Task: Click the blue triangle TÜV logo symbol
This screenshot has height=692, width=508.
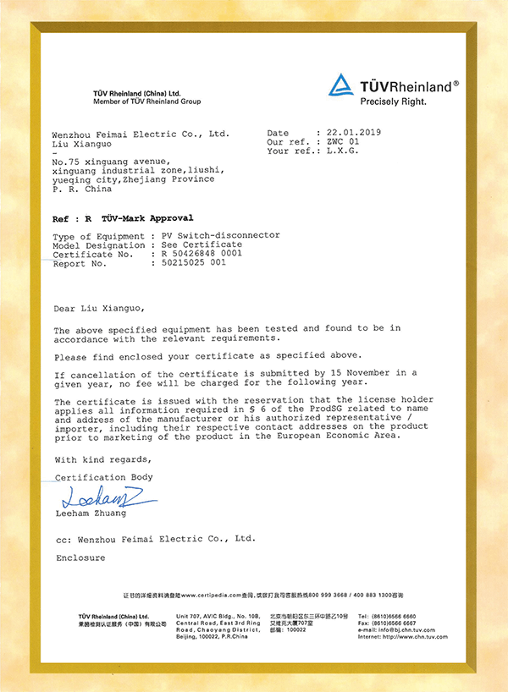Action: [x=341, y=85]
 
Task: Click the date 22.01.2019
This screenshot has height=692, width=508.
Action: [x=349, y=133]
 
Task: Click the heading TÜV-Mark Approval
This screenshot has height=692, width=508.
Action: [x=146, y=218]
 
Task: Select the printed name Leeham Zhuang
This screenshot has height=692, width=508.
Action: [x=91, y=514]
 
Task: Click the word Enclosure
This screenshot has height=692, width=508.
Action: [x=80, y=558]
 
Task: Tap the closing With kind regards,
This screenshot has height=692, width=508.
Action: [x=103, y=459]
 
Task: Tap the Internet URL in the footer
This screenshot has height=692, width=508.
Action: [x=403, y=637]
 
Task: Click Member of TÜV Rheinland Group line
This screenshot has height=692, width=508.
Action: [x=147, y=102]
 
